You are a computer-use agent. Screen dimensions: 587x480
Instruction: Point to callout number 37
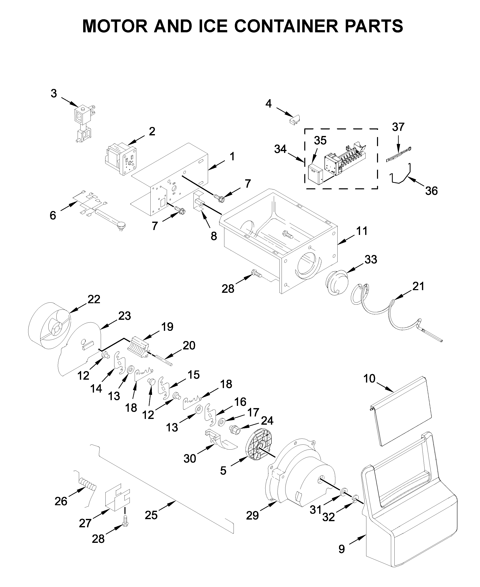coord(398,127)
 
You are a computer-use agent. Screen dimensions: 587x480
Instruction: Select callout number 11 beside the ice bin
coord(362,231)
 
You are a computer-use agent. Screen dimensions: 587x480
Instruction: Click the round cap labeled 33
coord(336,283)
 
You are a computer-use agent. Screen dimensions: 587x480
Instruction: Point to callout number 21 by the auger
coord(418,286)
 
